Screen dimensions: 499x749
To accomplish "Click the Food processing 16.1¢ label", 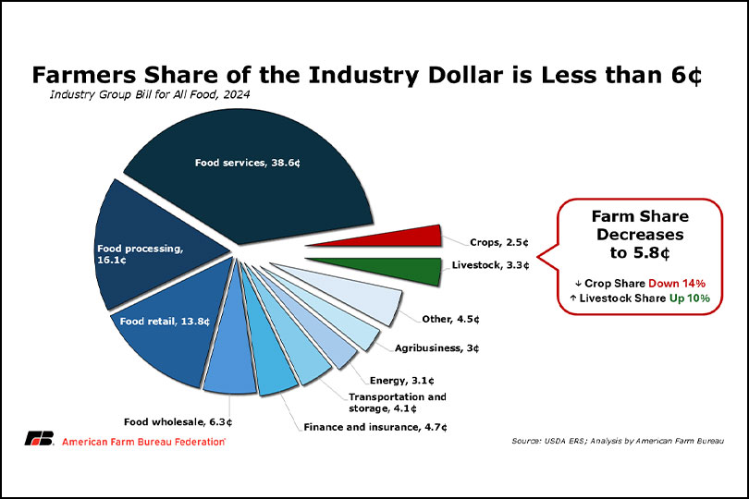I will point(140,254).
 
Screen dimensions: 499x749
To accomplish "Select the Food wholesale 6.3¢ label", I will point(178,422).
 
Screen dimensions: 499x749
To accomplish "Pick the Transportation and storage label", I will point(397,402).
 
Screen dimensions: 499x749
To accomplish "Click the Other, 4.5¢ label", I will point(449,320).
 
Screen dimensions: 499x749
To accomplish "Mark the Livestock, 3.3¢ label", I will point(489,266).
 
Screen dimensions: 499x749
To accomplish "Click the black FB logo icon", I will point(39,439).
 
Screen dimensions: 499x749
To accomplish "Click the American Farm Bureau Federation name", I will point(143,441).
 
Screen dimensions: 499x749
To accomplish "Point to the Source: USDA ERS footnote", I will point(617,441).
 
